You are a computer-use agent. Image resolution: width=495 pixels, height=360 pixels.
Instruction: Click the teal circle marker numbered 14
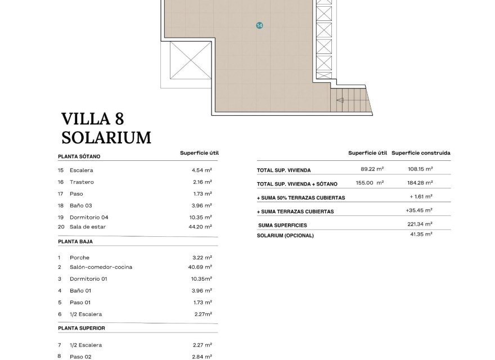[259, 25]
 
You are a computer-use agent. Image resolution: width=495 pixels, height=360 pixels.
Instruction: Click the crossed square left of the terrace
[188, 61]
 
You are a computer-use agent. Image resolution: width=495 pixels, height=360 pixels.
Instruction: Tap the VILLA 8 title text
[92, 119]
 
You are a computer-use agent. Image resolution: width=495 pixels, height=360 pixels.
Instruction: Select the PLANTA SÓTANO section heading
[79, 157]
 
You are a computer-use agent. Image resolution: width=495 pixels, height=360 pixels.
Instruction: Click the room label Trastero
[82, 182]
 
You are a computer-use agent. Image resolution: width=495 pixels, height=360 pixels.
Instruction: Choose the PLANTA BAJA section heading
[75, 241]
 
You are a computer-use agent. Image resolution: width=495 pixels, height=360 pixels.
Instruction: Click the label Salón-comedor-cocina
[101, 267]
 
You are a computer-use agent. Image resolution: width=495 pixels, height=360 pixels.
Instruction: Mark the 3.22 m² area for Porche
[201, 258]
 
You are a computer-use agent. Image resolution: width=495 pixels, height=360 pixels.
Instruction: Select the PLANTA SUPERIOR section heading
[81, 328]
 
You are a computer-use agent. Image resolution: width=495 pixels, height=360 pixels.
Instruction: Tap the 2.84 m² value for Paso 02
[201, 357]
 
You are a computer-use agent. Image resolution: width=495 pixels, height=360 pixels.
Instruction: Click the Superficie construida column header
[421, 153]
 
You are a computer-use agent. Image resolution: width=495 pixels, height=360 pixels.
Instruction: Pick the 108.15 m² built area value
[420, 169]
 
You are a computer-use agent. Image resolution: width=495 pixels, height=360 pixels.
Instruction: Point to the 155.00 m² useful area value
[370, 183]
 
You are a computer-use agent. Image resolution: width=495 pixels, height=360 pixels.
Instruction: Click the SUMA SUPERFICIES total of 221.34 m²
[420, 224]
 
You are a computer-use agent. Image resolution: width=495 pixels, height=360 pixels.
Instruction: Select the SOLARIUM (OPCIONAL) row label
[285, 235]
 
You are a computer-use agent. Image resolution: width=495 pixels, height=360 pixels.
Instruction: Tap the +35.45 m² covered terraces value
[419, 210]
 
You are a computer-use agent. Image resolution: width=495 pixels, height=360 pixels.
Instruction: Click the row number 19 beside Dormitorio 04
[61, 217]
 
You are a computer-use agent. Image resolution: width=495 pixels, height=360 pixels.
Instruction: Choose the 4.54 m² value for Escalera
[201, 170]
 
